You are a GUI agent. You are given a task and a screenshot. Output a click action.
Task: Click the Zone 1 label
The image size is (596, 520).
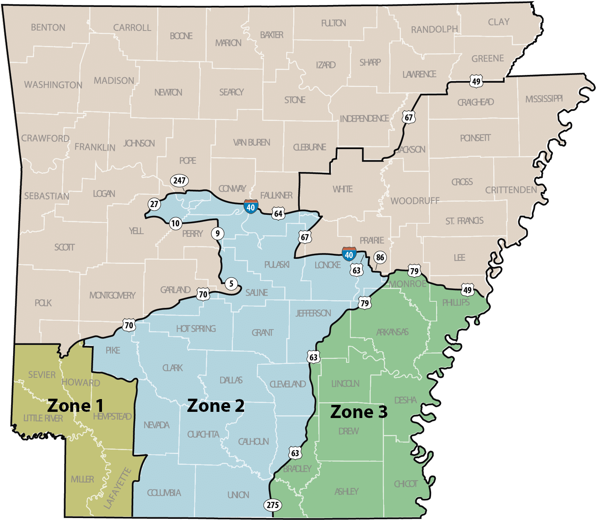[75, 406]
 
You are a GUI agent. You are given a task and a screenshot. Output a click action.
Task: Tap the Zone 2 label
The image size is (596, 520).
[216, 406]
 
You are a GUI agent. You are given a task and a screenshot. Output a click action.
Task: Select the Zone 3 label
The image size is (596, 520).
[358, 412]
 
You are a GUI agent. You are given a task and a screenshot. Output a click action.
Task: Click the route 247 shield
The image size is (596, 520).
[179, 180]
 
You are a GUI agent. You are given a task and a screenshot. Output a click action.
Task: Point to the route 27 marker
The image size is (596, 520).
[154, 204]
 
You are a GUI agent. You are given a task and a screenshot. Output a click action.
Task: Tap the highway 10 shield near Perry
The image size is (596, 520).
[175, 223]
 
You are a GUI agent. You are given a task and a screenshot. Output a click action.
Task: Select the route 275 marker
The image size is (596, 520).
[273, 505]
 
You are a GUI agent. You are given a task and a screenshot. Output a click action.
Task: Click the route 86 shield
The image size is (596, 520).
[380, 258]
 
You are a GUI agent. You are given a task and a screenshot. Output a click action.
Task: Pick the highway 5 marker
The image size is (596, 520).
[231, 284]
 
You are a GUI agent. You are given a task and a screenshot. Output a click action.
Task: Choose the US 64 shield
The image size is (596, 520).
[278, 213]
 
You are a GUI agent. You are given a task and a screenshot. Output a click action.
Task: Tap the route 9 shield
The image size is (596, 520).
[217, 233]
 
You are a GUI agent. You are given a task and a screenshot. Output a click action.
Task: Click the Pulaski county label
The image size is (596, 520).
[277, 265]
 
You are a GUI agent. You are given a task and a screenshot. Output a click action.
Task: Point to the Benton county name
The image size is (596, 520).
[48, 27]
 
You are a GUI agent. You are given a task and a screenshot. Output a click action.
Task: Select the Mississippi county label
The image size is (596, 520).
[544, 99]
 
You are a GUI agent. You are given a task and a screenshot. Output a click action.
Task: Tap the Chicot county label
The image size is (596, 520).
[406, 484]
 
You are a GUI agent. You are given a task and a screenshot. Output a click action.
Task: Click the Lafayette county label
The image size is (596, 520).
[118, 488]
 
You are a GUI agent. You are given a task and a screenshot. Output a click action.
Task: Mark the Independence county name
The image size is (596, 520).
[364, 118]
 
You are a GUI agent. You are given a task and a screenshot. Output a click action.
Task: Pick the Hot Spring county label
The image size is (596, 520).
[196, 329]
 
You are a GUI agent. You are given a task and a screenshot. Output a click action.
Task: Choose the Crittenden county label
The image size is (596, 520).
[511, 190]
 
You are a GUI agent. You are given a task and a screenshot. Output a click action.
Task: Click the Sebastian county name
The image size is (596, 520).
[47, 196]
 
